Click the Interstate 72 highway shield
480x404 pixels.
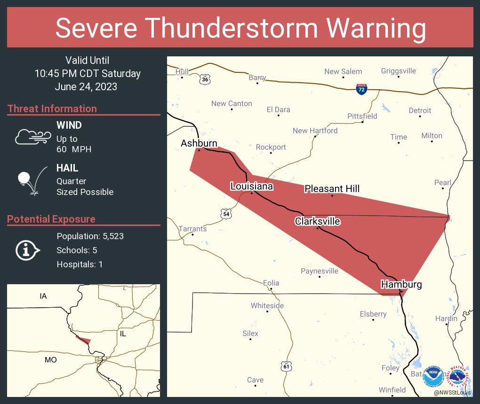click(x=361, y=90)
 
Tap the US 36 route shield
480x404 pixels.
click(x=204, y=79)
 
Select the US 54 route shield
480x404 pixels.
click(x=226, y=214)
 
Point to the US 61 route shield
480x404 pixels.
click(x=286, y=365)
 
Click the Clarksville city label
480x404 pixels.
click(x=317, y=221)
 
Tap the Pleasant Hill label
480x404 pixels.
click(x=332, y=189)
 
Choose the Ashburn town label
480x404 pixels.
click(x=199, y=143)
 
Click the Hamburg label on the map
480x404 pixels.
click(x=401, y=284)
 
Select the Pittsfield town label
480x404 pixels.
click(x=362, y=116)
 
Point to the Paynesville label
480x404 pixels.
click(x=320, y=271)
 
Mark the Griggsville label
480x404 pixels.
click(x=398, y=71)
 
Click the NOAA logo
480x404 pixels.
click(x=432, y=376)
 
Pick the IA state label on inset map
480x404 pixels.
click(x=43, y=296)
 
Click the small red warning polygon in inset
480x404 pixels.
click(x=84, y=340)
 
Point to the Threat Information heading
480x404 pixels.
click(x=52, y=109)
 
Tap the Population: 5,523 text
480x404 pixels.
click(x=90, y=236)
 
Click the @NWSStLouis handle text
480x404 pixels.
click(x=452, y=392)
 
